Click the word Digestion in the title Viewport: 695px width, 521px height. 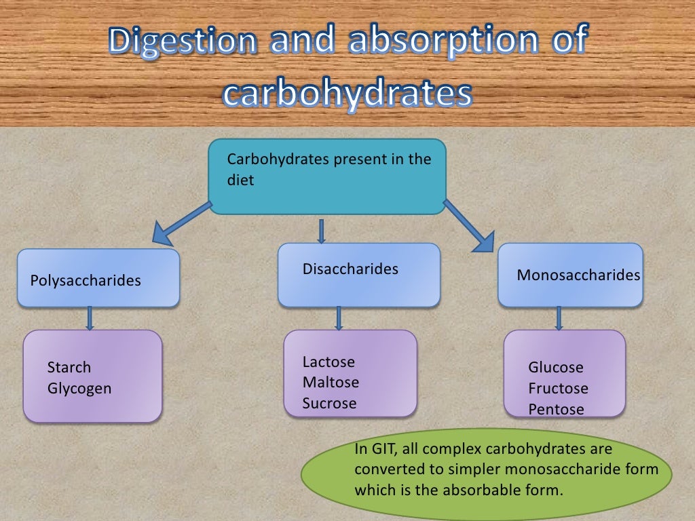click(x=182, y=42)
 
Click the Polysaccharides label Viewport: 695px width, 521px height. click(x=86, y=280)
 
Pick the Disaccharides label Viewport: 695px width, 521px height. click(x=350, y=269)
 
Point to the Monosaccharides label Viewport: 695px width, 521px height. click(x=578, y=275)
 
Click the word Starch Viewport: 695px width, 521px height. click(x=69, y=368)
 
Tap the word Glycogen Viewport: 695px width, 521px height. click(x=79, y=389)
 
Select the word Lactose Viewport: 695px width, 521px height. click(x=328, y=362)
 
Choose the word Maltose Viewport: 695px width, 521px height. click(x=331, y=383)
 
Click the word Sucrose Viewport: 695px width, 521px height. click(x=329, y=404)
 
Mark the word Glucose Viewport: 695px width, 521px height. click(x=556, y=368)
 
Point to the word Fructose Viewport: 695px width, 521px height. click(x=558, y=389)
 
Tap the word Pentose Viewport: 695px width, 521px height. click(x=556, y=410)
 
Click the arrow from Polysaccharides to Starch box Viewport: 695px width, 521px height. click(x=89, y=318)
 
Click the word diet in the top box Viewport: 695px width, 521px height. click(x=240, y=181)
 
